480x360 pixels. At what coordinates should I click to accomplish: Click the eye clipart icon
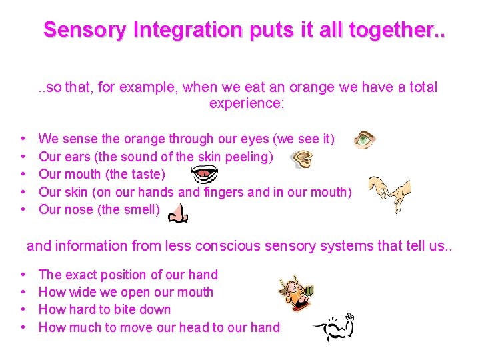coord(365,139)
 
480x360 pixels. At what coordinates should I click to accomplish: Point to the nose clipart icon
coord(177,213)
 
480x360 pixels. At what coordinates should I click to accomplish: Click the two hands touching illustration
coord(389,193)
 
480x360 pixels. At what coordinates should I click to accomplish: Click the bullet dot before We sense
coord(23,139)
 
